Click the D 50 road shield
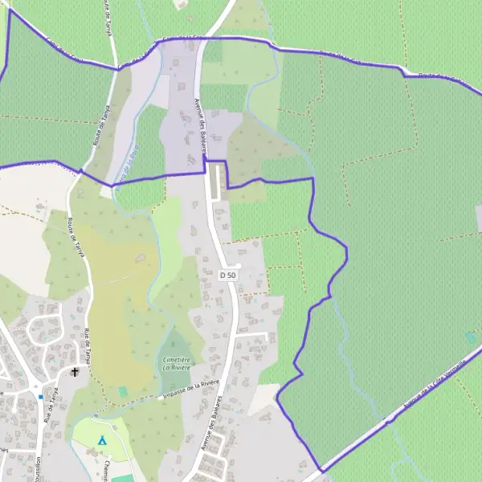tap(229, 275)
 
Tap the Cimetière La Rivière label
tap(177, 363)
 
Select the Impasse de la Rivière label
tap(190, 389)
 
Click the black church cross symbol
tap(76, 372)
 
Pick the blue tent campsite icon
tap(101, 439)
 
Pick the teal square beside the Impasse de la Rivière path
tap(122, 391)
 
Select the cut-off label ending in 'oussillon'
tap(38, 469)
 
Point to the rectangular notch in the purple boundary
tap(217, 174)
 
